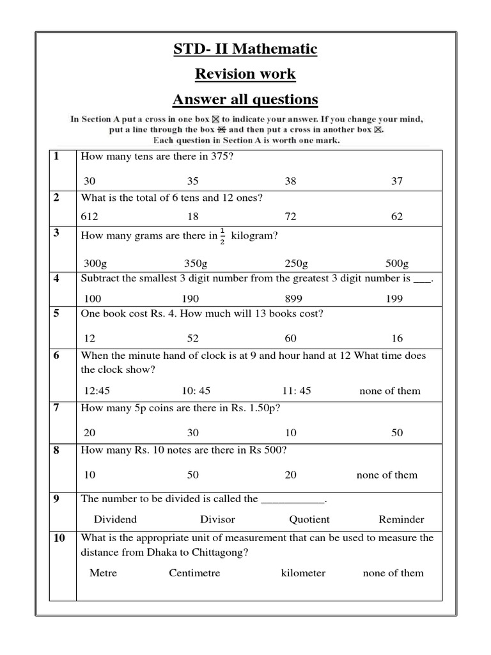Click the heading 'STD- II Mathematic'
(245, 49)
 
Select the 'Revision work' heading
(245, 74)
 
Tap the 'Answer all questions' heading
(245, 100)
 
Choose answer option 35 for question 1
(192, 181)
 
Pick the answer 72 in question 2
(290, 217)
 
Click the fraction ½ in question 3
(222, 235)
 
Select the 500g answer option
(397, 263)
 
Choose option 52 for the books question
(192, 338)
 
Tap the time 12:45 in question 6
(98, 391)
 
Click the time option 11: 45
(296, 391)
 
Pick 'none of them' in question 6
(390, 391)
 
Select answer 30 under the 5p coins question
(192, 432)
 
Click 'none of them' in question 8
(387, 475)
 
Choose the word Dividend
(115, 519)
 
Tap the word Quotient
(309, 519)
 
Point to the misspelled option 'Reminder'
(401, 519)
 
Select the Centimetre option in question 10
(194, 572)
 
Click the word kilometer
(303, 572)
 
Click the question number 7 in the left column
(56, 408)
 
